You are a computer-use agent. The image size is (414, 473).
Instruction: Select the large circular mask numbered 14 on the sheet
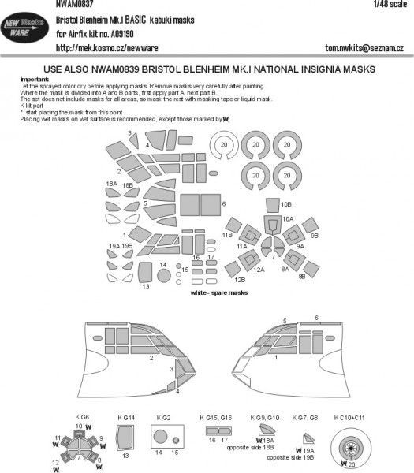coord(164,277)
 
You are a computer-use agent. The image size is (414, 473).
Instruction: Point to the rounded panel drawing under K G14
coord(124,435)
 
